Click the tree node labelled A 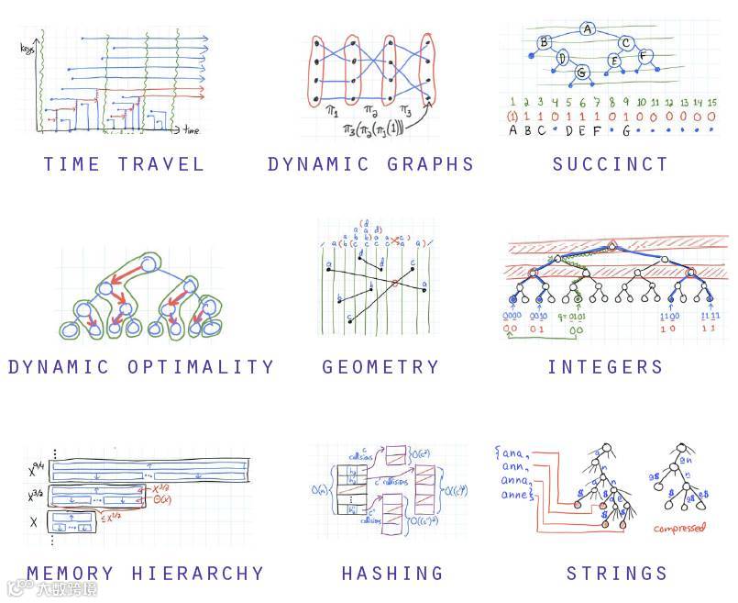(x=588, y=28)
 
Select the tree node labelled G (x=580, y=71)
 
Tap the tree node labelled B (x=544, y=42)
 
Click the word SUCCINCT (x=611, y=164)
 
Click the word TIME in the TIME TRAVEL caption (x=72, y=164)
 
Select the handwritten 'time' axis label (x=192, y=131)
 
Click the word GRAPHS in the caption (x=430, y=164)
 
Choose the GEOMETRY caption (x=380, y=367)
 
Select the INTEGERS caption (x=605, y=367)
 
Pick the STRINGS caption (x=616, y=574)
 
